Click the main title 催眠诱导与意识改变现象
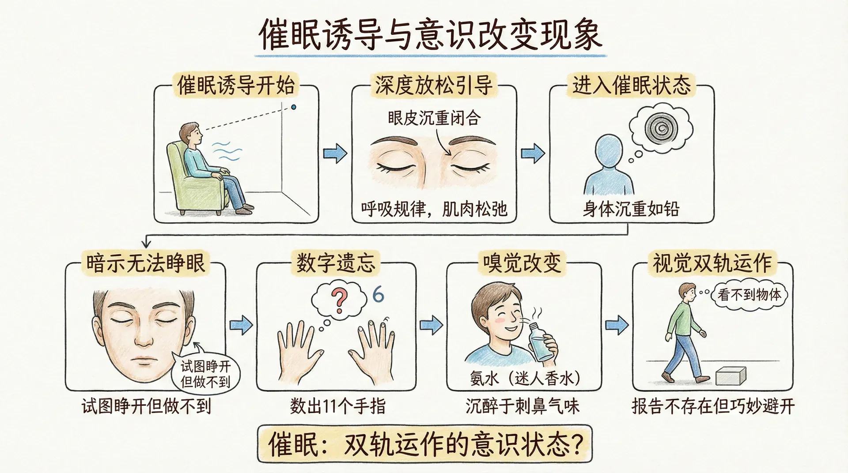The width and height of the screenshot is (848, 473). [x=430, y=34]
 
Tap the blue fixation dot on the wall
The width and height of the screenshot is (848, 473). [x=293, y=107]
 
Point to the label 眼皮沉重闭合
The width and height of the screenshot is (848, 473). [x=434, y=118]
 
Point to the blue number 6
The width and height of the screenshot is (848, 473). [x=378, y=294]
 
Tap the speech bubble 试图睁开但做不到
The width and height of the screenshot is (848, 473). [x=205, y=373]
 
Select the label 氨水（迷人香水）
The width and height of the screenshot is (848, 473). [x=525, y=379]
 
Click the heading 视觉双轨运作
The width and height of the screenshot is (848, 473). [x=712, y=263]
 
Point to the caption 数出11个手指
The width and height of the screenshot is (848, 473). [x=338, y=406]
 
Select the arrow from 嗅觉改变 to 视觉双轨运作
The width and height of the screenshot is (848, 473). [x=617, y=325]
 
